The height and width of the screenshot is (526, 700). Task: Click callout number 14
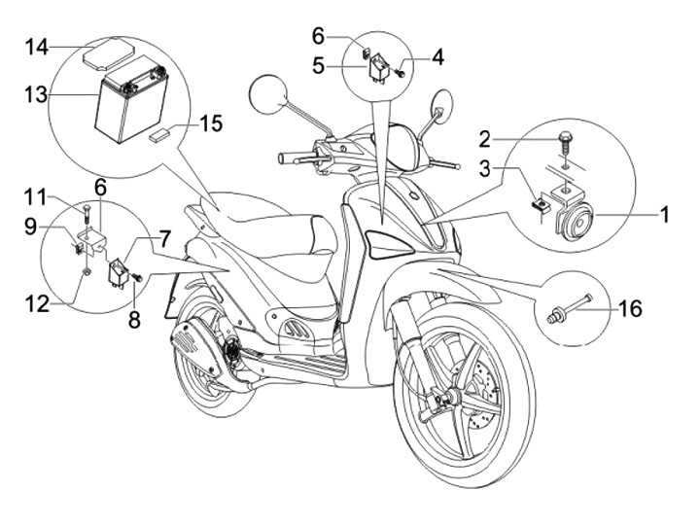point(36,47)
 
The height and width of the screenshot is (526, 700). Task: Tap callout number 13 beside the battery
point(36,94)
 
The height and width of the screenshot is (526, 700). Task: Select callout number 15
point(211,123)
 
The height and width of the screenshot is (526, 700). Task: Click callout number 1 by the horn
point(665,214)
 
